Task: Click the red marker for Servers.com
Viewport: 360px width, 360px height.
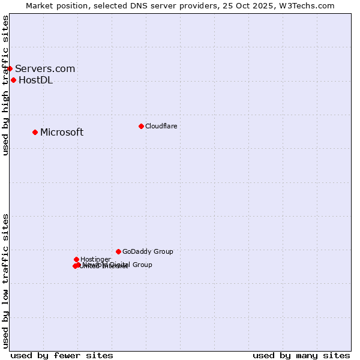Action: [10, 68]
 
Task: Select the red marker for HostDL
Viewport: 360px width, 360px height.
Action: [13, 80]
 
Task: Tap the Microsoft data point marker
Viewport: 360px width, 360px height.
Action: [35, 132]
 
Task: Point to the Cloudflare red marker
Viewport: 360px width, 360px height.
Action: [141, 126]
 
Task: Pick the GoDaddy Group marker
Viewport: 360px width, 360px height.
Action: [118, 251]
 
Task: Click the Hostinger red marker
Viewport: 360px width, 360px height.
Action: [76, 259]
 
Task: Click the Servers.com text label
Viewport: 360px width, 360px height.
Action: [45, 68]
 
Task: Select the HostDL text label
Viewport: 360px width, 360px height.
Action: [35, 80]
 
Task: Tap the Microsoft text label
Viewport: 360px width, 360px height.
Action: [62, 133]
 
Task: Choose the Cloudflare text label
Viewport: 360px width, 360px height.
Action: [161, 126]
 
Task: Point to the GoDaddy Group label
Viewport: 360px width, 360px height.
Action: [148, 251]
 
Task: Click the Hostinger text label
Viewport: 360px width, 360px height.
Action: [95, 259]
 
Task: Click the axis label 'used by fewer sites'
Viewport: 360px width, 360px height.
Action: [62, 355]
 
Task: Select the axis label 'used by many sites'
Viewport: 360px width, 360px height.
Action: [301, 355]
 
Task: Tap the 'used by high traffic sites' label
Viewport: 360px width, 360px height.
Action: [6, 85]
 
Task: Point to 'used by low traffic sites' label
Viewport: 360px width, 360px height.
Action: [6, 280]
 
